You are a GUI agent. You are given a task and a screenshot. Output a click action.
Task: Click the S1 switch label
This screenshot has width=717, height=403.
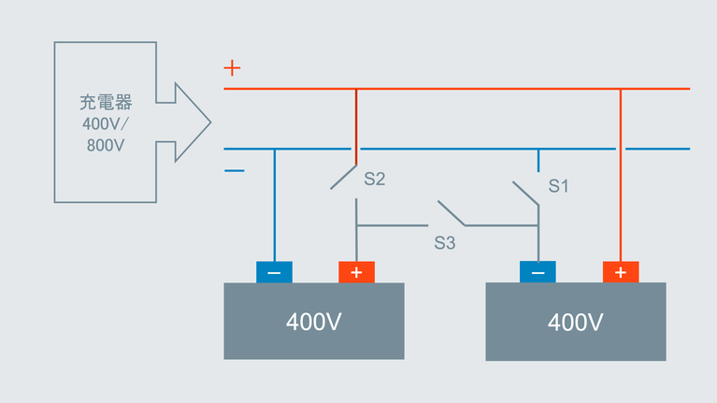click(x=558, y=185)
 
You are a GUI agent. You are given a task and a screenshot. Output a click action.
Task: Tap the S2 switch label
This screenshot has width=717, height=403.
click(x=375, y=179)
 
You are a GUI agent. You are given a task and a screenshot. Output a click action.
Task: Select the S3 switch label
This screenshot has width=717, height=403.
click(x=444, y=243)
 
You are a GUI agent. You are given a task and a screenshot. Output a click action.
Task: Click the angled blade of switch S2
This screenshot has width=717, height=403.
click(x=344, y=178)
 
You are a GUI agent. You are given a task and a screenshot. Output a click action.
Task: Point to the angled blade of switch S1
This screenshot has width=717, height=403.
click(x=526, y=192)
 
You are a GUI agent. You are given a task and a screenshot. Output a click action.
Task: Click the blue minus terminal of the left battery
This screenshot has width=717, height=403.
click(x=274, y=272)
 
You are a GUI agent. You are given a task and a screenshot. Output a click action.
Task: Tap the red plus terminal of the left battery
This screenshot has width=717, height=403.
click(x=356, y=272)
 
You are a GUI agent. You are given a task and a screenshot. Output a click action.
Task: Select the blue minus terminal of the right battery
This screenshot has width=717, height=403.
click(x=538, y=272)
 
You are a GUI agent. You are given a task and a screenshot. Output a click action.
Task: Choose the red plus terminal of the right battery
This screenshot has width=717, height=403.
click(x=621, y=272)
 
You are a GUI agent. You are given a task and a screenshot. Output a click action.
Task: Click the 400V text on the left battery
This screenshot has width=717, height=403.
click(x=313, y=323)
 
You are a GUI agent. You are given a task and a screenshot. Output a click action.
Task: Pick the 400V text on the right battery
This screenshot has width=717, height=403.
click(x=575, y=323)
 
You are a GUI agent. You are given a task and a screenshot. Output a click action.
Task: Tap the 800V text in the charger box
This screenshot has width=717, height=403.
click(x=105, y=146)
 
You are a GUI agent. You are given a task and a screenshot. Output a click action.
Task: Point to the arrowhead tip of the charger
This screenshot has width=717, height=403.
click(x=209, y=122)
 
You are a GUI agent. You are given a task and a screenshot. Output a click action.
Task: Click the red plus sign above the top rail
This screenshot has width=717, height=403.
click(x=233, y=68)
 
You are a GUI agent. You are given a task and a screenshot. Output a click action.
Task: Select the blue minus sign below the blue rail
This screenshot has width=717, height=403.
click(x=235, y=170)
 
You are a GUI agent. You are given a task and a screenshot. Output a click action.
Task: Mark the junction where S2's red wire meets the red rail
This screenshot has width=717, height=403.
click(x=356, y=89)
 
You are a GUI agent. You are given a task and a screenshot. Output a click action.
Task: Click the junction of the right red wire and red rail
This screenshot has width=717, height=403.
click(x=621, y=89)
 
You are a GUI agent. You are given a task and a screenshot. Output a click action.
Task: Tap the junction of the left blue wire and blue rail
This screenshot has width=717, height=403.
click(x=274, y=149)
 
